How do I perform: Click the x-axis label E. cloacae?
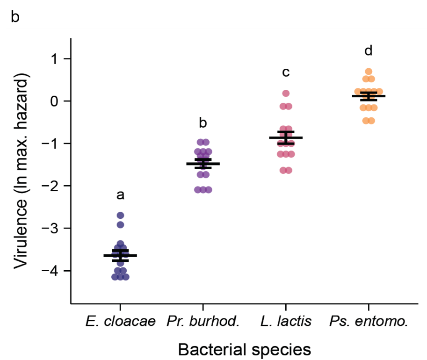point(120,322)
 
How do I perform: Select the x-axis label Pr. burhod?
point(203,322)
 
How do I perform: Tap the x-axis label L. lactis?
point(286,322)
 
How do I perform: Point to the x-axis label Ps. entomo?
point(369,322)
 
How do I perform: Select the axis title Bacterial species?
point(244,349)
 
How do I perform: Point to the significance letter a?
point(120,195)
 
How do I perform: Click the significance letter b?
point(203,123)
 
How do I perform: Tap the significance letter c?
point(286,72)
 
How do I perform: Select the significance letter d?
point(369,50)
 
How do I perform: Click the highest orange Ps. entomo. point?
point(369,72)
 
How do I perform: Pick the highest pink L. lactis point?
point(286,94)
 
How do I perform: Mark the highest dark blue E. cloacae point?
point(120,216)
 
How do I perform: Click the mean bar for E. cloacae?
point(120,255)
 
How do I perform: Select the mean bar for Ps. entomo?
point(369,96)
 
